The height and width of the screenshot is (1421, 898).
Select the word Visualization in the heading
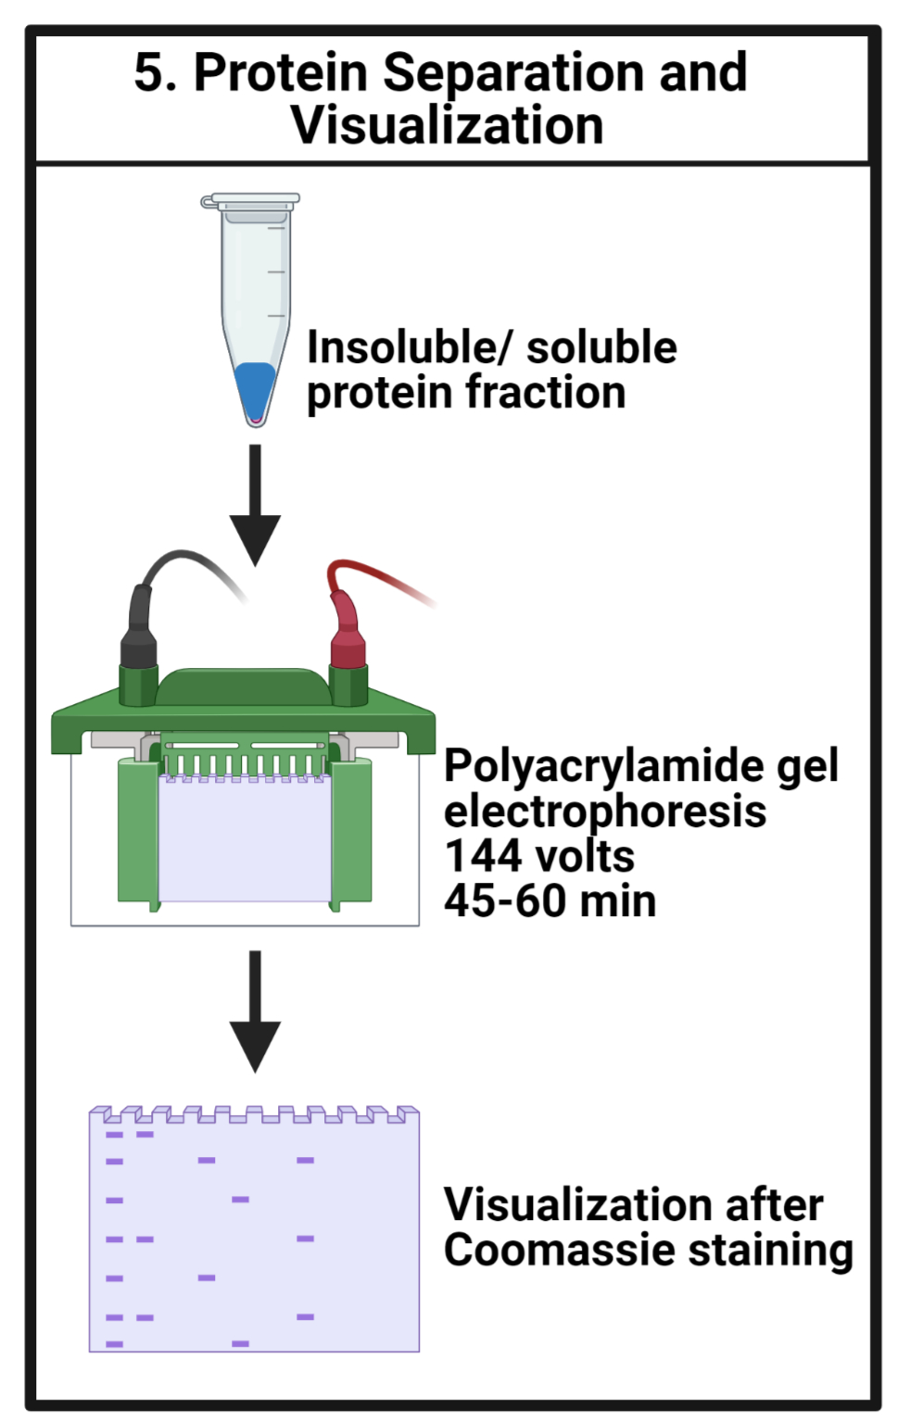(x=448, y=125)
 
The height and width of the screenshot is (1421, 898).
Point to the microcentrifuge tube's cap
(x=250, y=202)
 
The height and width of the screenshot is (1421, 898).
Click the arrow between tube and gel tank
(x=255, y=504)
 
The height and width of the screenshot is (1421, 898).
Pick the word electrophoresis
(x=605, y=812)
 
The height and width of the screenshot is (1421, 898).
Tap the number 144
(x=485, y=857)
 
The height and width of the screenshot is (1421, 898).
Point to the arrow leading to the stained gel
(x=255, y=1012)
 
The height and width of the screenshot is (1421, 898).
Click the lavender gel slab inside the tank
(x=245, y=837)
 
